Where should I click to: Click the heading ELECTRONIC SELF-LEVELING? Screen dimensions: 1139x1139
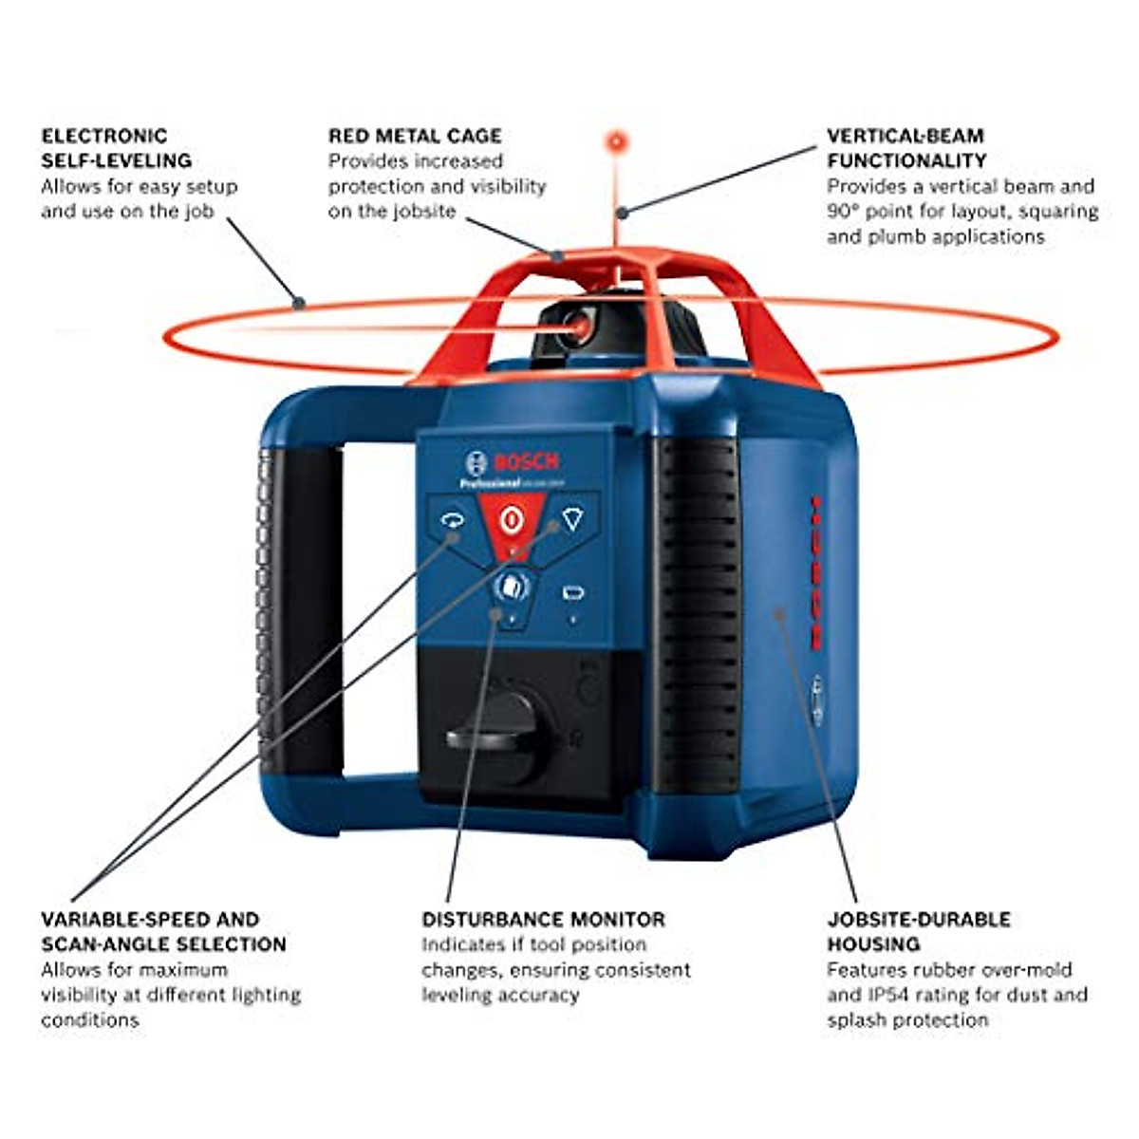point(116,148)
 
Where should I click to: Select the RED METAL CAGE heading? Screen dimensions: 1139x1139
point(415,136)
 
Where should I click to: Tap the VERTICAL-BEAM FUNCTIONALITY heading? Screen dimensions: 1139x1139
point(906,148)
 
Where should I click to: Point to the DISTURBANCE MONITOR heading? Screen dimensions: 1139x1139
point(543,919)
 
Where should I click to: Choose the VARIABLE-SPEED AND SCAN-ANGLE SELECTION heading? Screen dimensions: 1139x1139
point(163,931)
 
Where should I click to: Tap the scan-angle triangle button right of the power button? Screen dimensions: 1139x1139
point(570,519)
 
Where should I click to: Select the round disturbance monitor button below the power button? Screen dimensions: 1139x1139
point(511,587)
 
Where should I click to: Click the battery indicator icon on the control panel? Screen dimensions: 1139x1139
point(571,594)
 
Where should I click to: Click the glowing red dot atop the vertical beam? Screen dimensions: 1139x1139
point(618,142)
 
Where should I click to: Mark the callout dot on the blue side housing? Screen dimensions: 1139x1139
point(779,613)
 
